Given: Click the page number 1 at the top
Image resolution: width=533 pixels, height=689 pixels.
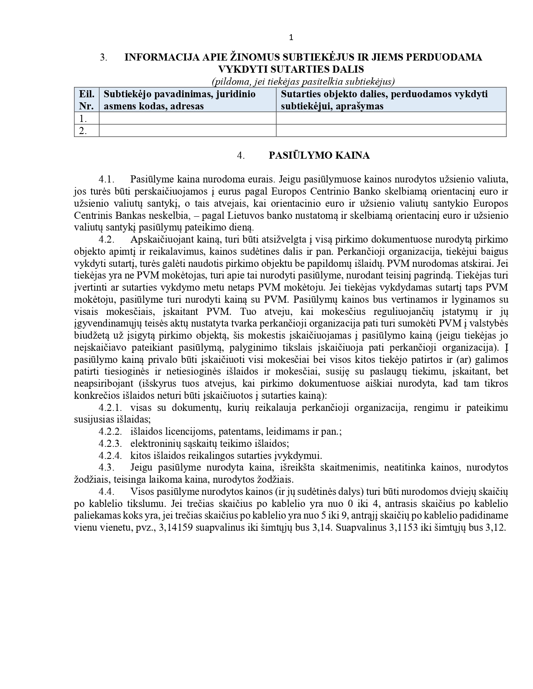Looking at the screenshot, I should [x=291, y=38].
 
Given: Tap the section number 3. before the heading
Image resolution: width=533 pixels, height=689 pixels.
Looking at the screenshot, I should [x=103, y=58].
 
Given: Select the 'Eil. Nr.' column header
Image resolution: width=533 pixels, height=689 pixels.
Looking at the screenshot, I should [x=87, y=100].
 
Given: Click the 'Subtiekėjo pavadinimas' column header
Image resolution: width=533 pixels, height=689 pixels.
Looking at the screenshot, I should [x=180, y=100].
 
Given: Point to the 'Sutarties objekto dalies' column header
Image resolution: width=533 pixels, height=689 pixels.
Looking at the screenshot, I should [x=384, y=100].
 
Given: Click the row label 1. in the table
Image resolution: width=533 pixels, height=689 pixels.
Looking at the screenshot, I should [x=83, y=119].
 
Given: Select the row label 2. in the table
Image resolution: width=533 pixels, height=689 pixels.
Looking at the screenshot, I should [x=83, y=131].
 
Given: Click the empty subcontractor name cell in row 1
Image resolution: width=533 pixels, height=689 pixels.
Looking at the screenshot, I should [x=187, y=119].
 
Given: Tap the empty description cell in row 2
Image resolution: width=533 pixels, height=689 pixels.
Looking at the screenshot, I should [x=391, y=131].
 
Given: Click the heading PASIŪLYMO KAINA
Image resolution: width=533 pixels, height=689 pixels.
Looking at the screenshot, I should [x=319, y=156].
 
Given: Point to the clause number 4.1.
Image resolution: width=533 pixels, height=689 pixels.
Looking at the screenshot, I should [x=107, y=180].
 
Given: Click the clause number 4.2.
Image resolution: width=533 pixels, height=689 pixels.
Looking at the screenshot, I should [x=107, y=240].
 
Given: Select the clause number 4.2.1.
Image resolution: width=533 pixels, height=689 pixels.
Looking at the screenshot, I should [x=110, y=408].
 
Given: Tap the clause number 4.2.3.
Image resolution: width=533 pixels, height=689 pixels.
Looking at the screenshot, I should [x=110, y=443].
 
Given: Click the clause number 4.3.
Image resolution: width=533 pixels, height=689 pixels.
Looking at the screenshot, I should [x=107, y=467].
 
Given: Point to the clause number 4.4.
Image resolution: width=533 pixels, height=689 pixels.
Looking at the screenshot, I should [x=107, y=491].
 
